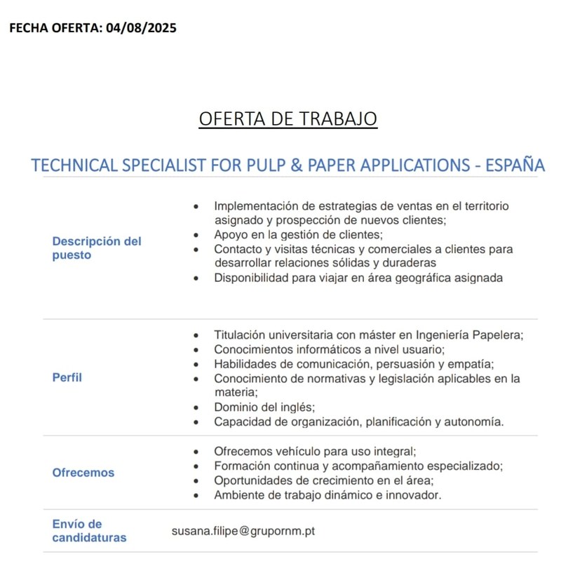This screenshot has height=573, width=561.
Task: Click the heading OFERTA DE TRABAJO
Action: point(288,119)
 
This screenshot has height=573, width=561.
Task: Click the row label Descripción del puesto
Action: point(97,248)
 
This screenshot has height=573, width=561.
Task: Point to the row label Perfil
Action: point(67,377)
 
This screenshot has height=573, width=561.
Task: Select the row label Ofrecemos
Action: point(83,473)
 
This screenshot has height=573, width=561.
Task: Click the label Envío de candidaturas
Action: point(90,531)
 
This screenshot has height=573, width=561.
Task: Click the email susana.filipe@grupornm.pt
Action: point(243,531)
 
